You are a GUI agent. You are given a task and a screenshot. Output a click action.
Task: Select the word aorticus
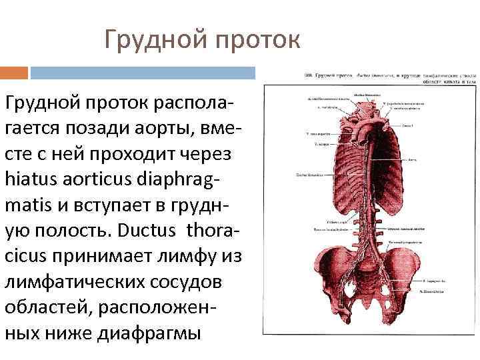pos(95,178)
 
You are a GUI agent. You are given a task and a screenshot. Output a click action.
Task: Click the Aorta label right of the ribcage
pos(412,160)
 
